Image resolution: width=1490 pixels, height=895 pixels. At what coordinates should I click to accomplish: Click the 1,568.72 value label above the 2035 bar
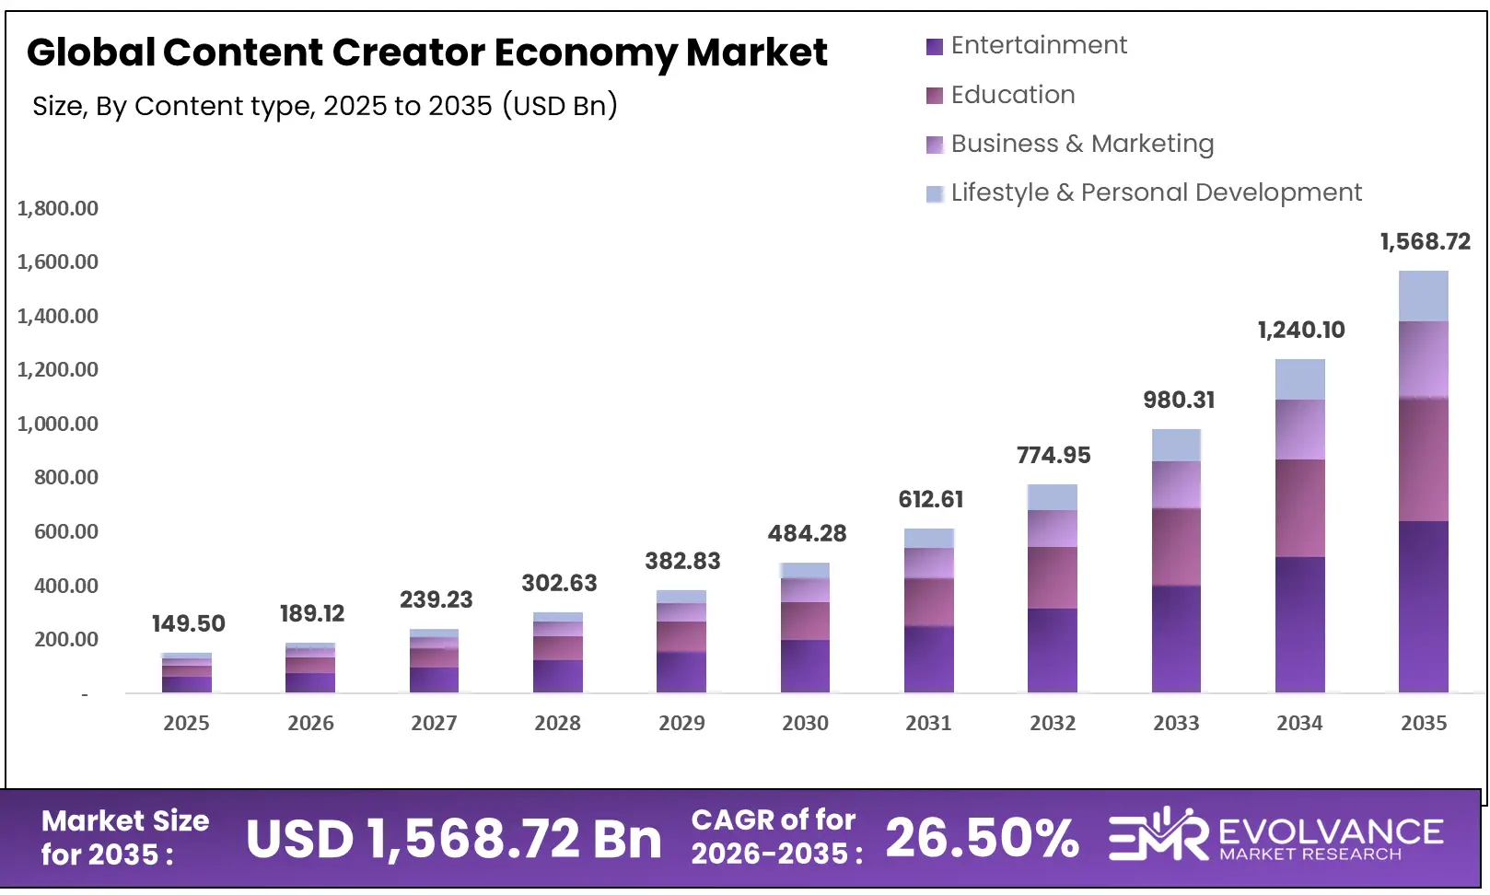pos(1424,242)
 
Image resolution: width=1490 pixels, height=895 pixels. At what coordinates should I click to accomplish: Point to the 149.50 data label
pos(188,623)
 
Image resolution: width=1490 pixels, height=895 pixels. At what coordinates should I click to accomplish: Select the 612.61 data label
pos(930,499)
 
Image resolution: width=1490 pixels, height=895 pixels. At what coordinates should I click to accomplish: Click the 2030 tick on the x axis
pos(805,723)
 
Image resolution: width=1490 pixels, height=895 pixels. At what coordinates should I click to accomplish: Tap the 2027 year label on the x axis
pos(434,723)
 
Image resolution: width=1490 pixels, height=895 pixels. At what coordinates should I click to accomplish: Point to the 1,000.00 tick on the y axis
pos(57,424)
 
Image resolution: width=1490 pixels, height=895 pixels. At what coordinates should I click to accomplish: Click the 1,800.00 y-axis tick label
pos(57,208)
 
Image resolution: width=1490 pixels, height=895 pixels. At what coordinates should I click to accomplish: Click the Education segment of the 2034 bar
pos(1299,507)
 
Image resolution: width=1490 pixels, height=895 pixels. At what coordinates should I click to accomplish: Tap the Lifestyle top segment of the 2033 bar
pos(1176,445)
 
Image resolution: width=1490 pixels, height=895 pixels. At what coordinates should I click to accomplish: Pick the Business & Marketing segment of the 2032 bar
pos(1053,529)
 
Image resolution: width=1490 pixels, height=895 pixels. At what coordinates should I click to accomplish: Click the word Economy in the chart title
pos(586,52)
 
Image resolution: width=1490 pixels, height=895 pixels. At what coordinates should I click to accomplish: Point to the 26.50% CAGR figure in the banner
pos(982,838)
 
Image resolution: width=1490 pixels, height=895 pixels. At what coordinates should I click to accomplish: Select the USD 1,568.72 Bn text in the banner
pos(453,839)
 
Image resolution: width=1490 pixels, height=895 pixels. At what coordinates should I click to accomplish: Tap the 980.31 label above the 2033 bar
pos(1179,400)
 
